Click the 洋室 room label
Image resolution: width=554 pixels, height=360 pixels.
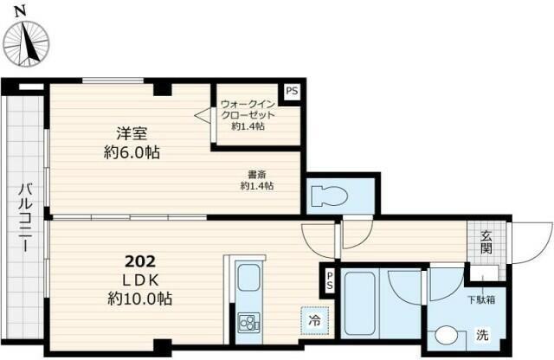point(132,134)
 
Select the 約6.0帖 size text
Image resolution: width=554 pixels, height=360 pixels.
point(132,152)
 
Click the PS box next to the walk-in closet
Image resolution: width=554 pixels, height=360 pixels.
point(292,91)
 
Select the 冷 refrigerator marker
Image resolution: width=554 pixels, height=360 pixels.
point(314,320)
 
